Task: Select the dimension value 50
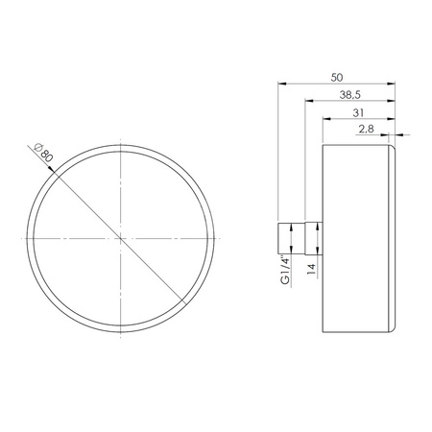337,76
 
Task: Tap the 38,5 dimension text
351,95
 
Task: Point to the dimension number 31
357,112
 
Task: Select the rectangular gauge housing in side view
355,236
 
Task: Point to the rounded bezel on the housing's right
395,236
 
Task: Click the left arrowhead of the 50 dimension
281,84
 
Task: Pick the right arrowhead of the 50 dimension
395,84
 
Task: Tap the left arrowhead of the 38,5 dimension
307,103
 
